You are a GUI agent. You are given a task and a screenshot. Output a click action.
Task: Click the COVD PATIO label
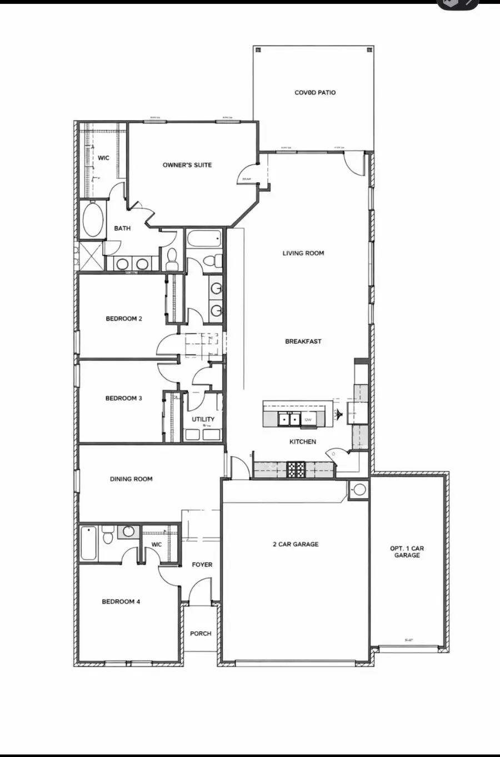(x=315, y=93)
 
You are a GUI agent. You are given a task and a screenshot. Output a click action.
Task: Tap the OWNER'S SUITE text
(x=187, y=165)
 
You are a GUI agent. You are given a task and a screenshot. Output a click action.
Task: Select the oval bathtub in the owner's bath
(x=93, y=220)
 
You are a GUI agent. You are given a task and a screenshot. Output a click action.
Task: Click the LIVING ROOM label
(x=303, y=253)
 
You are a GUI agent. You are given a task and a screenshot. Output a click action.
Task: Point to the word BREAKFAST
(x=303, y=342)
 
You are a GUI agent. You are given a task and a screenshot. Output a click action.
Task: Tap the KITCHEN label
(x=303, y=442)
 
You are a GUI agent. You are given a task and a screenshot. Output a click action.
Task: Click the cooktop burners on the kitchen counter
(x=296, y=470)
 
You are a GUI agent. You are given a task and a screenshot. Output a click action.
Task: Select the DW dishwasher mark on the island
(x=308, y=420)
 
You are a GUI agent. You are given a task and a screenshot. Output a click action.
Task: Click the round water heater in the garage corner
(x=359, y=490)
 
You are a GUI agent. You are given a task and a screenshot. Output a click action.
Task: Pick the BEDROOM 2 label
(x=124, y=319)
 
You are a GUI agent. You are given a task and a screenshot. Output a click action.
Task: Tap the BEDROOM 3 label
(x=124, y=399)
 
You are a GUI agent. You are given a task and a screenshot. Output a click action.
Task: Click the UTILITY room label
(x=203, y=420)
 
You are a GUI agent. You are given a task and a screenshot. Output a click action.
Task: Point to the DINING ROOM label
(x=131, y=479)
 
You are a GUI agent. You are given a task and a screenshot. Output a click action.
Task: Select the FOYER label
(x=202, y=565)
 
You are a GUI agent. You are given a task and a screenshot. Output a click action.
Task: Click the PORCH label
(x=201, y=634)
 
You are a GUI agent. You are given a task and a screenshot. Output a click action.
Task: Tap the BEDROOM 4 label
(x=121, y=602)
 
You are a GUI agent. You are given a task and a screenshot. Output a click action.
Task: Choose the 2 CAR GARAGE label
(x=296, y=545)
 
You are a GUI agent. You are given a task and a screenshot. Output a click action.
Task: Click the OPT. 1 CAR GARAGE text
(x=407, y=552)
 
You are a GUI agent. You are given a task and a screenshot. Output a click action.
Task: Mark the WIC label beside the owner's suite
(x=104, y=158)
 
